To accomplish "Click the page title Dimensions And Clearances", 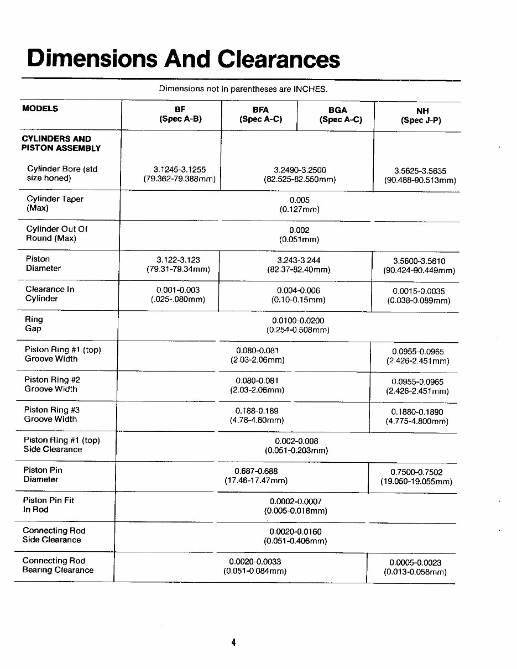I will (184, 59).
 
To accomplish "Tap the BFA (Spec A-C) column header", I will (260, 114).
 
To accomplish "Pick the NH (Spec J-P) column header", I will (421, 116).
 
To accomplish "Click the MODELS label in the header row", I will (40, 108).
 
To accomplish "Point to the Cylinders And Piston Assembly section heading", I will (61, 143).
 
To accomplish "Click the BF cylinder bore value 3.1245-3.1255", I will (179, 170).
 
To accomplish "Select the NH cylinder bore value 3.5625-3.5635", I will (420, 171).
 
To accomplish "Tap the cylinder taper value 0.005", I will (300, 200).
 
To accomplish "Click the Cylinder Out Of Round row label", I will (56, 233).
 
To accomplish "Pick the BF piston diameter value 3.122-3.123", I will (178, 260).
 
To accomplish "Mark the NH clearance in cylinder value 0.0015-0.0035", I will (419, 291).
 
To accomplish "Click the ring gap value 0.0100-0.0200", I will (298, 321).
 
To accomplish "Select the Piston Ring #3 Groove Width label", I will (51, 414).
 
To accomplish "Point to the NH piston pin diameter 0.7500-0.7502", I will (416, 472).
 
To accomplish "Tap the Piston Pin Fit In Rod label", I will (49, 505).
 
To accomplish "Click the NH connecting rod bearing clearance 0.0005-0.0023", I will (415, 562).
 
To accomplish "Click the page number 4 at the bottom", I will (234, 642).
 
